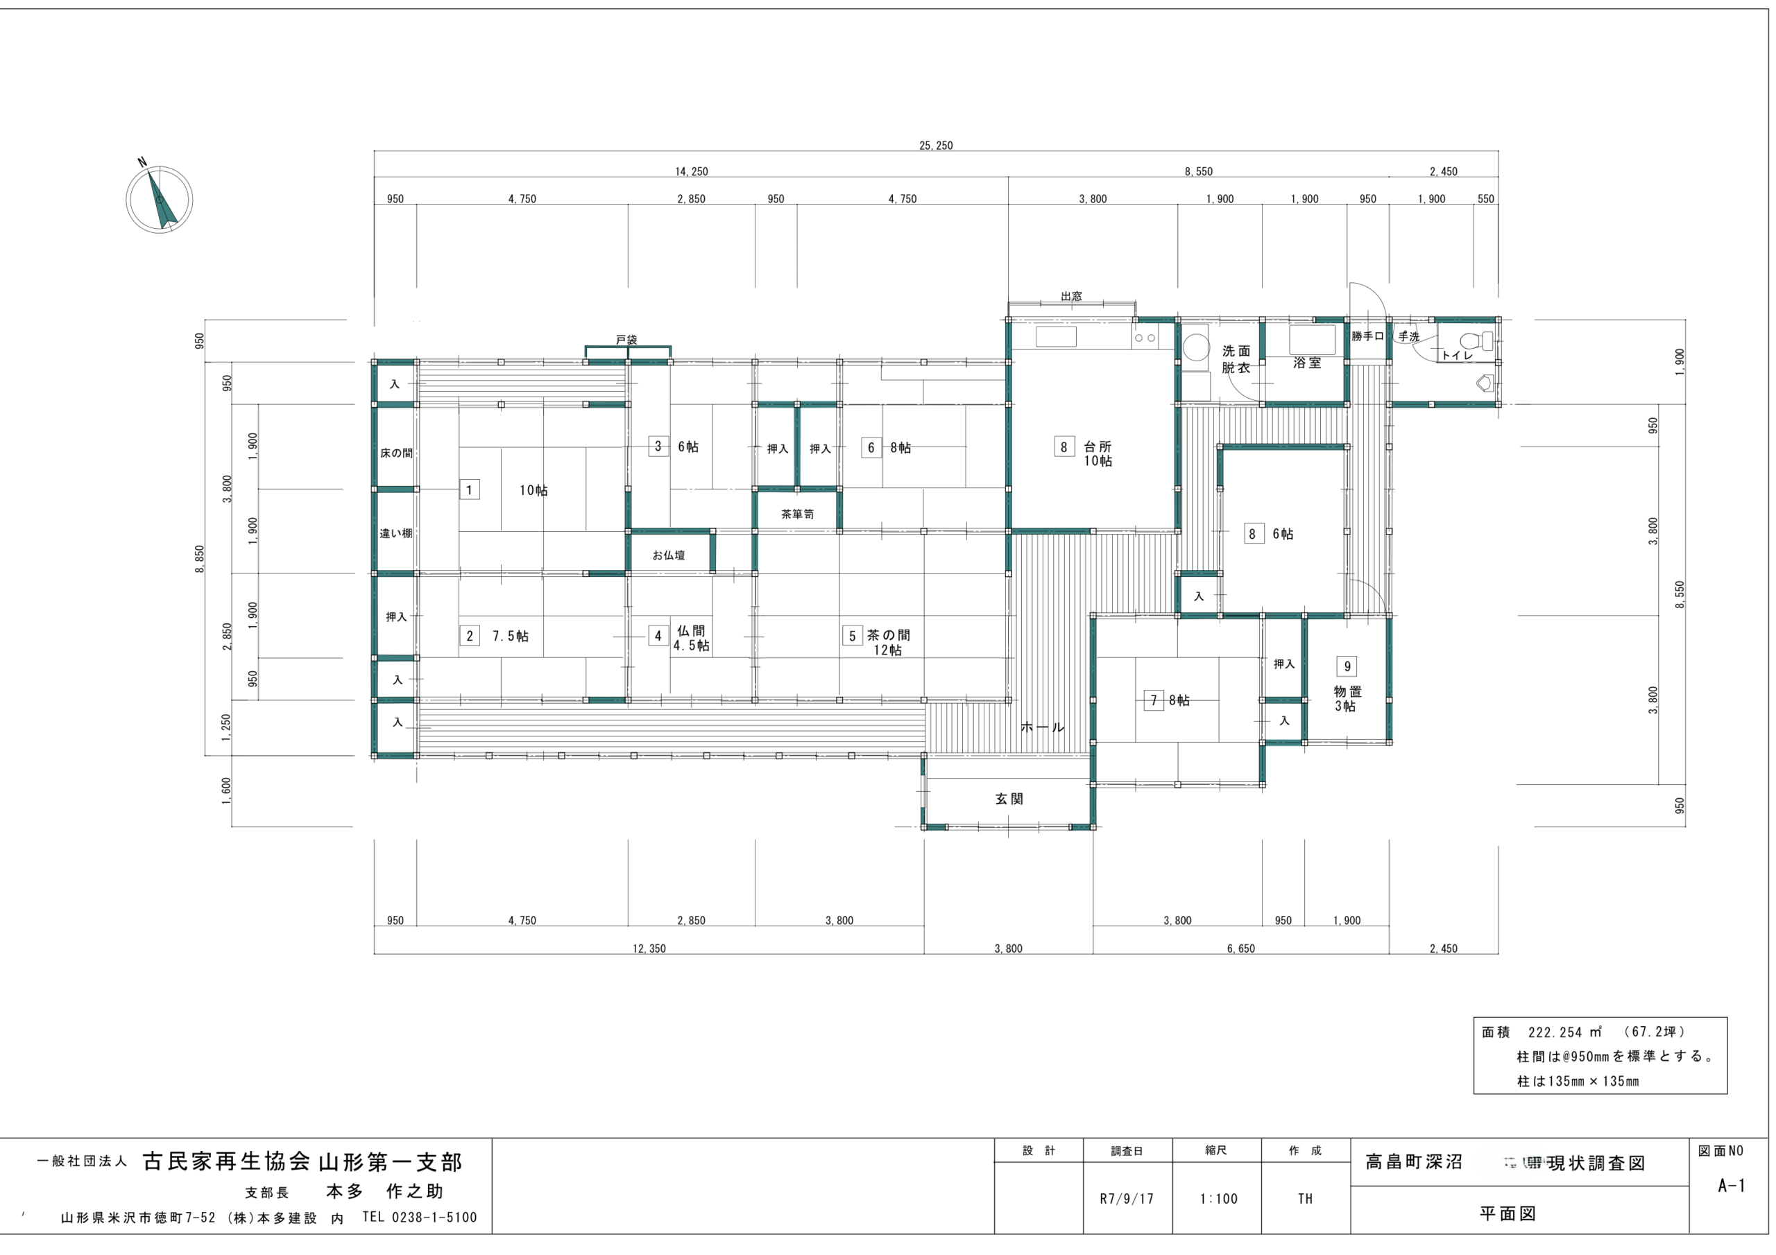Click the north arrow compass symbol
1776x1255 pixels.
160,199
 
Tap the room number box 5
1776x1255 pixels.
852,636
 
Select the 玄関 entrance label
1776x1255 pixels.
1009,799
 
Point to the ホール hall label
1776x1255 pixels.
1042,727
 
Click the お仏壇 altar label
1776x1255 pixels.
668,555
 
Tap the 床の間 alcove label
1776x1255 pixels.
396,453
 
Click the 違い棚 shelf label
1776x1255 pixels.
396,534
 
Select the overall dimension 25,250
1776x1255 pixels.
936,146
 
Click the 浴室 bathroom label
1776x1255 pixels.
1306,363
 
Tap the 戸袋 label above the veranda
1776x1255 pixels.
626,340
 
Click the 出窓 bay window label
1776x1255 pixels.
1071,296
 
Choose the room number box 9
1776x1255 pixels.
1347,666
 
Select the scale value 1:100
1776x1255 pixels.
1218,1199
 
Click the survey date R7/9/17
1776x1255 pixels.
1126,1199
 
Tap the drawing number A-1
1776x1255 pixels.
1731,1186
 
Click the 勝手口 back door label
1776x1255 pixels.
1367,336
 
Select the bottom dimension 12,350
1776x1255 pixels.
649,949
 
